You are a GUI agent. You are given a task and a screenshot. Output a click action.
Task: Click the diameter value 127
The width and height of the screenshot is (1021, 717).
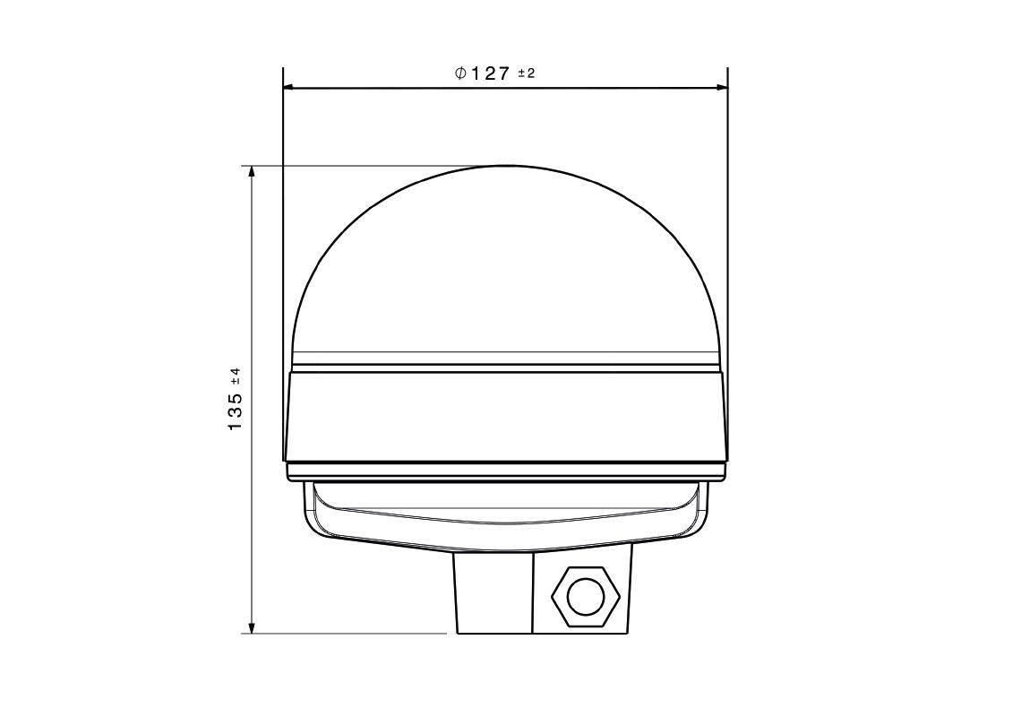[x=490, y=73]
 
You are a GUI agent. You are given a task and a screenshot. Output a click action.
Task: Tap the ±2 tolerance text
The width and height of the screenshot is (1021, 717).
[x=526, y=73]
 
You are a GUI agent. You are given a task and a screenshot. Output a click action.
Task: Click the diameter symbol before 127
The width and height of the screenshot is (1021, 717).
[x=460, y=73]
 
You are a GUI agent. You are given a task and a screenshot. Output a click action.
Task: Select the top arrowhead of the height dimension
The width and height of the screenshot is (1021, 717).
[x=252, y=171]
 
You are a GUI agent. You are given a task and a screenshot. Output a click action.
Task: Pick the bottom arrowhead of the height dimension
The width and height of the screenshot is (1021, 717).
[x=252, y=627]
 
